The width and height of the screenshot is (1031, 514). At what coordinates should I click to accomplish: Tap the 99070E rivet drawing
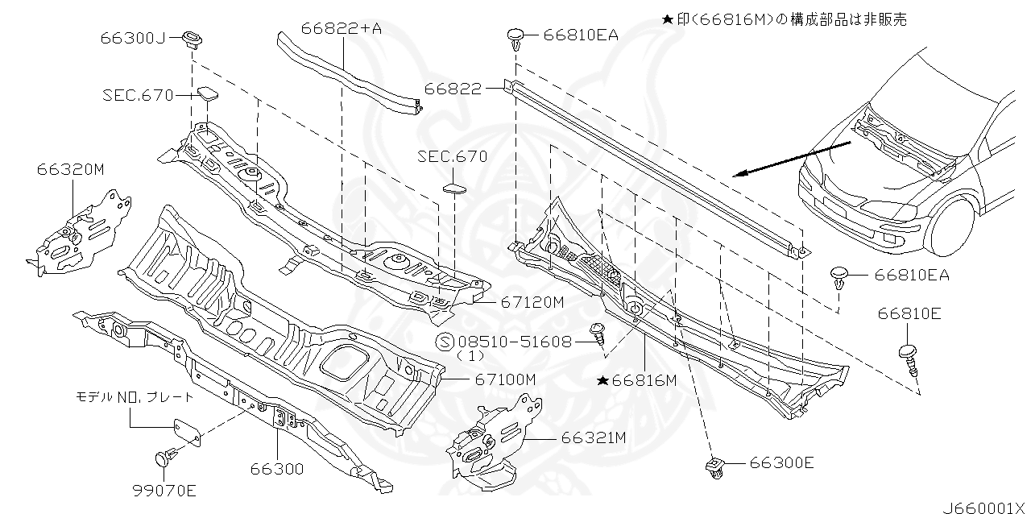166,460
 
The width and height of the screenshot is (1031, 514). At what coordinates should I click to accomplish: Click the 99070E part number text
164,490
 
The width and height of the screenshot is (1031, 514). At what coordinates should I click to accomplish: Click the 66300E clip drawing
716,466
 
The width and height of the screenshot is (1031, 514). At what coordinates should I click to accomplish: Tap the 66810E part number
909,313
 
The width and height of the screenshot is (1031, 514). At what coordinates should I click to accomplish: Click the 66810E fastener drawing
908,358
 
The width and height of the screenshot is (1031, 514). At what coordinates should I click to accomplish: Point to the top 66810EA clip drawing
516,37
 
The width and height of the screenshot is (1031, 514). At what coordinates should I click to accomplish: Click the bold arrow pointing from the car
793,160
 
